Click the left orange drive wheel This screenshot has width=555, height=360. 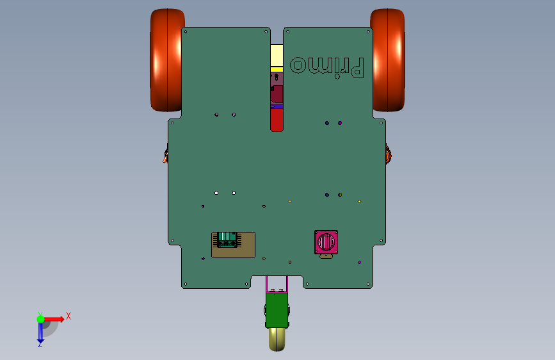click(x=166, y=60)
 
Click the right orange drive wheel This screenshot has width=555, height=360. click(x=388, y=60)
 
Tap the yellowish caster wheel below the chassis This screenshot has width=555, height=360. click(x=277, y=339)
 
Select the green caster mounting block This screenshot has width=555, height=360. click(x=277, y=309)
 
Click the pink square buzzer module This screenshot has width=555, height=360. click(x=326, y=242)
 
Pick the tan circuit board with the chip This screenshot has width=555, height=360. click(x=233, y=245)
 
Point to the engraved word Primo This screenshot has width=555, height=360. click(x=326, y=67)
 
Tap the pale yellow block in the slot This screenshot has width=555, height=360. click(x=277, y=55)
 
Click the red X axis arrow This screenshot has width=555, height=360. click(x=53, y=319)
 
